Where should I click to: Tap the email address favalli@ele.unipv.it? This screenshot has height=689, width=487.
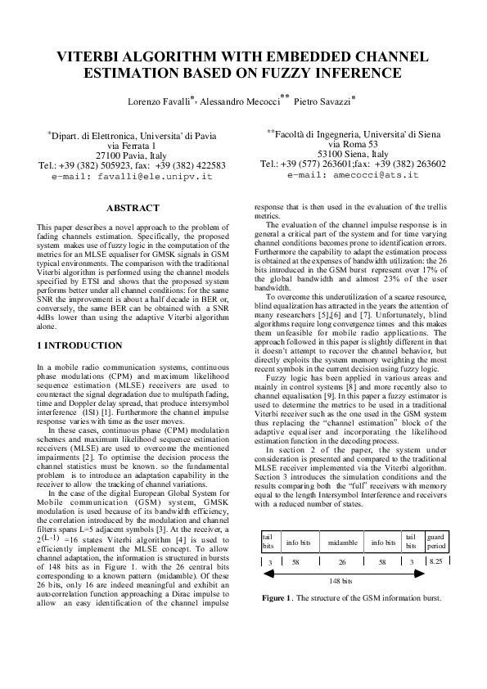pyautogui.click(x=132, y=175)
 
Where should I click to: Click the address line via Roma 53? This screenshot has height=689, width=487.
pyautogui.click(x=354, y=142)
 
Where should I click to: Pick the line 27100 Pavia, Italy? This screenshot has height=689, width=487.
pyautogui.click(x=132, y=154)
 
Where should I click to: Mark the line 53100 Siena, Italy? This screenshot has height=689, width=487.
pyautogui.click(x=354, y=153)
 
